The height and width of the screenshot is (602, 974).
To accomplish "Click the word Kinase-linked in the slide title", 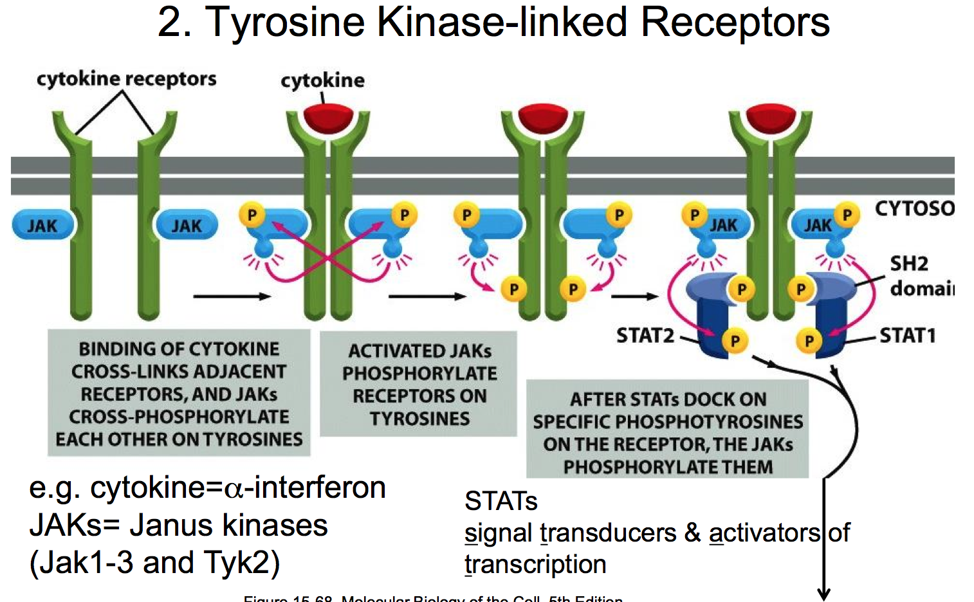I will [502, 22].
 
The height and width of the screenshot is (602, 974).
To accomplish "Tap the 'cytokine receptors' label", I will [126, 79].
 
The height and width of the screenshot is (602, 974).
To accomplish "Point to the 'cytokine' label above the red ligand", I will [322, 80].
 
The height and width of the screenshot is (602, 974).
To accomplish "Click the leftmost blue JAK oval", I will [42, 226].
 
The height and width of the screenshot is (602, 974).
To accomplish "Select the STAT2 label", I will [645, 335].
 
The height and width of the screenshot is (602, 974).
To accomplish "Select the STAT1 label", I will [907, 335].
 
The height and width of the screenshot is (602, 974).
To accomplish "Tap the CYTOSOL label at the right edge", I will [914, 208].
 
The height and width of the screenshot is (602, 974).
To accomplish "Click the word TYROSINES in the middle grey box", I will [419, 419].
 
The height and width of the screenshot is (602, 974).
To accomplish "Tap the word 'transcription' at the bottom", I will [535, 564].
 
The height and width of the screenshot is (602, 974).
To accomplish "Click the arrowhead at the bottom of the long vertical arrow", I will [823, 594].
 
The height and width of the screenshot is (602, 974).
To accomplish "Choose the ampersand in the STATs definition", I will [692, 533].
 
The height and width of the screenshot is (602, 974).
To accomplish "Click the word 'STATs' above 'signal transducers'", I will [501, 501].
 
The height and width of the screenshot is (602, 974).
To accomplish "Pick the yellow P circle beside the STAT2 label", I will [735, 341].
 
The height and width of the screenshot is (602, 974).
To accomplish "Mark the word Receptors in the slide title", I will [735, 22].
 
